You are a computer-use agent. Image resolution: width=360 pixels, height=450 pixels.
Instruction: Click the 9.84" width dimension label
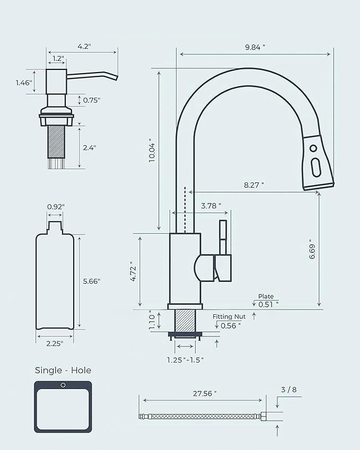coord(255,47)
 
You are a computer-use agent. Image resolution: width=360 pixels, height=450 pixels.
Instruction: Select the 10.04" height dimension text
coord(152,151)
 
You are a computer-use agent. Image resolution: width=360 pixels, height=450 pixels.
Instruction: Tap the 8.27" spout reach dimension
coord(253,184)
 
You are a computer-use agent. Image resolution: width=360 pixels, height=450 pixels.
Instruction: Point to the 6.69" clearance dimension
coord(312,249)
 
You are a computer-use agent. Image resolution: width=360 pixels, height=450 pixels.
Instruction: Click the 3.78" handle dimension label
coord(211,205)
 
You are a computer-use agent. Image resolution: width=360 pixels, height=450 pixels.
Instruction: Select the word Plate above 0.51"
coord(266,296)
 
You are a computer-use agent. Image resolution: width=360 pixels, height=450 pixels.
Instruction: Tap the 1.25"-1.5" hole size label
coord(185,359)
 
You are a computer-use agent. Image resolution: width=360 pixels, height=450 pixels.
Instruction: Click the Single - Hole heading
coord(63,370)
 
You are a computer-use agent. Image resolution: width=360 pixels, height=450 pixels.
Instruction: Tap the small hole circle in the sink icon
coord(63,386)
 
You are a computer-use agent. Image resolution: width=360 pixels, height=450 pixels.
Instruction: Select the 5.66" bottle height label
coord(92,281)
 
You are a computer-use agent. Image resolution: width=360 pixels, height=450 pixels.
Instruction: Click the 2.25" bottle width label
coord(54,343)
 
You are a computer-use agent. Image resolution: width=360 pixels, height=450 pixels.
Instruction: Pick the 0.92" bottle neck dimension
coord(55,206)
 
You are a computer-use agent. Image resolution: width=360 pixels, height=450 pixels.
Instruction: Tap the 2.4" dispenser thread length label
coord(89,148)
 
